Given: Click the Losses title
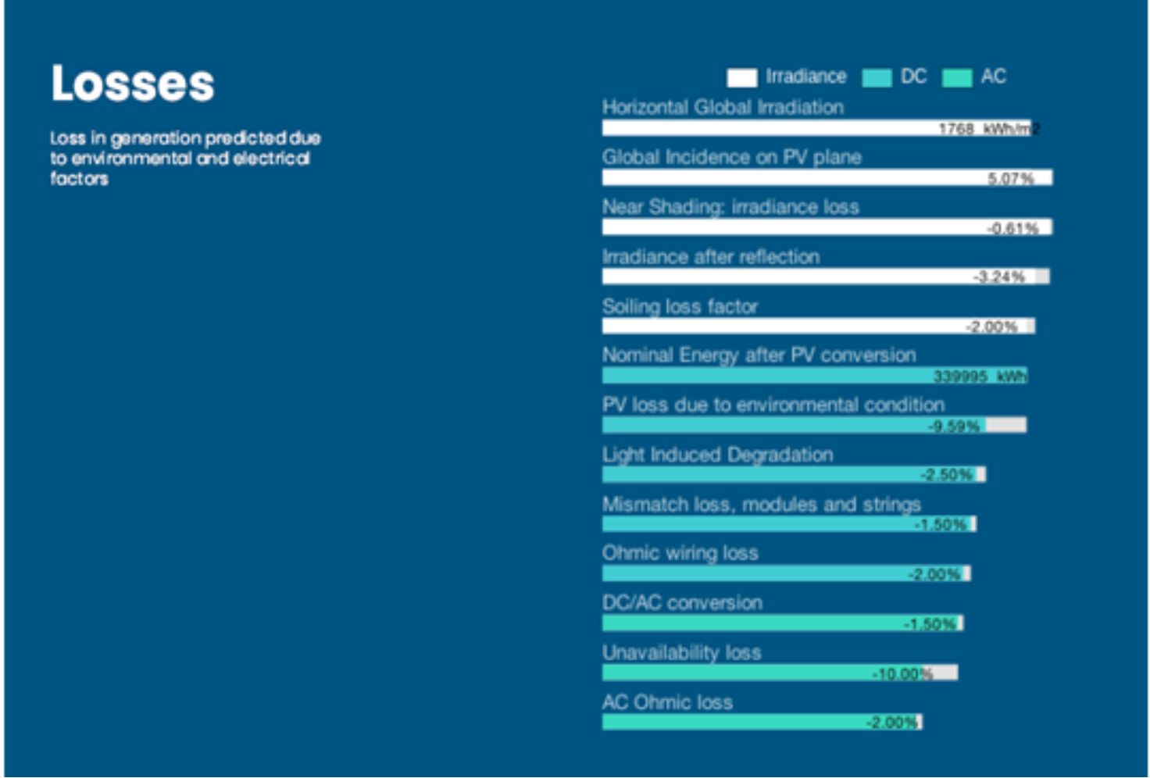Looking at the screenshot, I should (x=133, y=84).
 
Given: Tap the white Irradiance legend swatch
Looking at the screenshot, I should (x=741, y=77).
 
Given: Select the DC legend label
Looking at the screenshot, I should (x=913, y=77).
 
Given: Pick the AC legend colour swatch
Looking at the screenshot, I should (x=957, y=77).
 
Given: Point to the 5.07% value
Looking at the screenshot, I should (x=1010, y=179).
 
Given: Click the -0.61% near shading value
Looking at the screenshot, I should (x=1012, y=229).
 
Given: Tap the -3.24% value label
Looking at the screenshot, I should (x=998, y=277).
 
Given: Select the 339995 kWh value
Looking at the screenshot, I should (x=980, y=377).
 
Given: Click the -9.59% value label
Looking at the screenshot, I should (x=954, y=426).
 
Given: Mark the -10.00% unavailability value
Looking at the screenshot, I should (x=903, y=673).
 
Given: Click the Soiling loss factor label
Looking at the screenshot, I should (x=680, y=306).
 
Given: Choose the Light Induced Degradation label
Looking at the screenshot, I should (x=717, y=455).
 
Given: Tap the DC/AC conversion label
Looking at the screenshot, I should (x=682, y=603).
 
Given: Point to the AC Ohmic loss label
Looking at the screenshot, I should (x=667, y=702).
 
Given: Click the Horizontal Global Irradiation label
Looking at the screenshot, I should (x=723, y=108).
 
